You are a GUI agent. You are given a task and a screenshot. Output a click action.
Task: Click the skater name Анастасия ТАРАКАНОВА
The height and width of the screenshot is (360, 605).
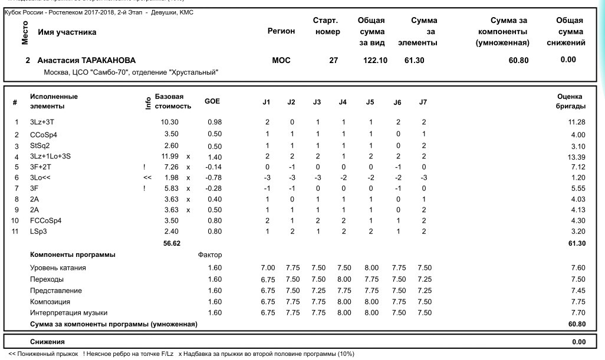point(86,60)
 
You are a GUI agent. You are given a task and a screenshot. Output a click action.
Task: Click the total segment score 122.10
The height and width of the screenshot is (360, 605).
point(374,60)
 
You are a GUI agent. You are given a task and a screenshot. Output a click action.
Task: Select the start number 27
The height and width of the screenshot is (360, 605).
point(333,60)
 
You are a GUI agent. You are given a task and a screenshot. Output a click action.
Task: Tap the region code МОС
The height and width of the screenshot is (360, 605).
point(281,60)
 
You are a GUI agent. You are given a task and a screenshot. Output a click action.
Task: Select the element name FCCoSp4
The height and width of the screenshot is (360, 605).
point(45,220)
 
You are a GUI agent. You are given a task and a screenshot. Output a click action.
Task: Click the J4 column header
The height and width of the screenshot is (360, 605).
point(343,103)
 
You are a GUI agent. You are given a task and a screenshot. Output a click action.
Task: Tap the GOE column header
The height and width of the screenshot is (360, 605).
point(212,101)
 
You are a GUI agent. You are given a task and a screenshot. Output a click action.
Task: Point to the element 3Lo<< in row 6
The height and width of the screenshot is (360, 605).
point(40,177)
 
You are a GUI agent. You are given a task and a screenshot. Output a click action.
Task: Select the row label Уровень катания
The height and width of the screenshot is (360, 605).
point(58,268)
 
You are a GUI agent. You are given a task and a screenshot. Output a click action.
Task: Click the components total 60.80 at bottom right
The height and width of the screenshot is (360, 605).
point(576,324)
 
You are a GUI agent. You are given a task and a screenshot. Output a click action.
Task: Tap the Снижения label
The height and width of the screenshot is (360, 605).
point(47,341)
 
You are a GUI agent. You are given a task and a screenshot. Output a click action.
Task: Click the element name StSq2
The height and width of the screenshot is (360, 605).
point(40,146)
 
